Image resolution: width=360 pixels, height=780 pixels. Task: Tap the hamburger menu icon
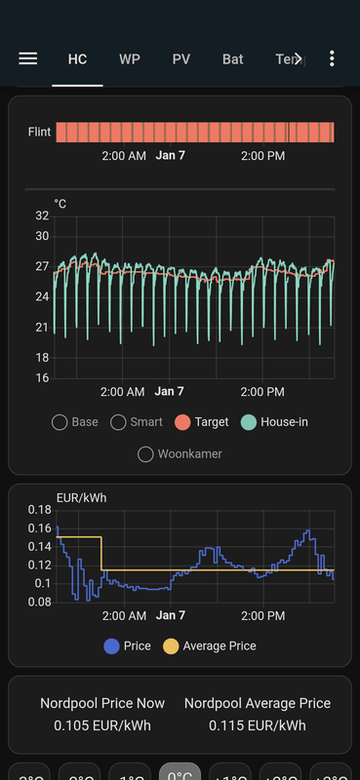click(28, 58)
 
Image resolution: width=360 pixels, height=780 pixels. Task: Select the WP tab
click(130, 59)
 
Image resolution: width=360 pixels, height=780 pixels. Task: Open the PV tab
click(181, 59)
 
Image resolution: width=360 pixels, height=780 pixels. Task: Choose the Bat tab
click(232, 59)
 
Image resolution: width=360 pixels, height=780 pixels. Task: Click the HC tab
click(77, 59)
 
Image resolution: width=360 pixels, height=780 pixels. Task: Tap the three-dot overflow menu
click(332, 58)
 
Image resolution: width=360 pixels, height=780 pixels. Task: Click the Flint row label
click(39, 132)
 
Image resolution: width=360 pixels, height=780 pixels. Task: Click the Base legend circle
click(60, 422)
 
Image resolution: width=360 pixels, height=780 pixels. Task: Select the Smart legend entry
click(119, 422)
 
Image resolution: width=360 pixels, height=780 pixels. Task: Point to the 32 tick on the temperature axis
click(42, 215)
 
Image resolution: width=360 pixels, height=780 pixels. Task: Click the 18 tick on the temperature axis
click(42, 358)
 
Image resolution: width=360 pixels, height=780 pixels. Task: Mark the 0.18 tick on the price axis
click(39, 510)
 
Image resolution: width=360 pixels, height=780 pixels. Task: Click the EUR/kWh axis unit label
click(82, 497)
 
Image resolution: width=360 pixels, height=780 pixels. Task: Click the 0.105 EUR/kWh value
click(102, 725)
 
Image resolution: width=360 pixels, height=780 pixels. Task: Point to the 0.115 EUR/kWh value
click(258, 725)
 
